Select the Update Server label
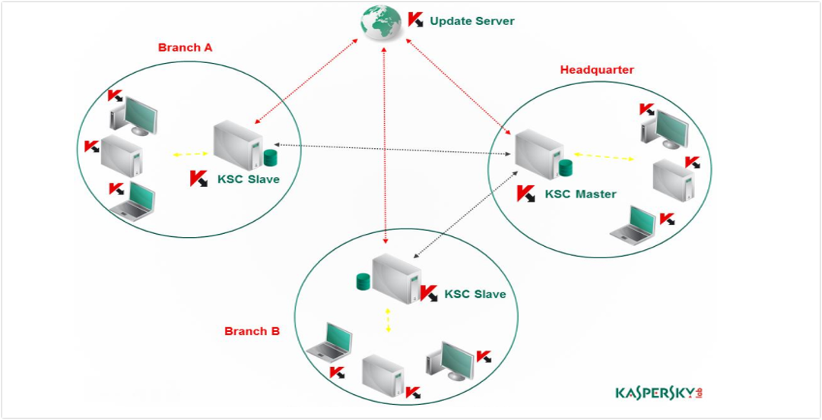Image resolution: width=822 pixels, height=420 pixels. [471, 21]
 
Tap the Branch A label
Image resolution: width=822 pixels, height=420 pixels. [185, 47]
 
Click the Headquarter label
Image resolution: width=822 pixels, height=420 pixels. [597, 70]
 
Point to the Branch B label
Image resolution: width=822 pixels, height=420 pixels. [252, 331]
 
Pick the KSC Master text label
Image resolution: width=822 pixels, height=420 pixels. [580, 194]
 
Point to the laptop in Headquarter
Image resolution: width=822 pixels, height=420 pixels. [633, 225]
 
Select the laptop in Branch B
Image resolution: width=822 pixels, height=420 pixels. [329, 341]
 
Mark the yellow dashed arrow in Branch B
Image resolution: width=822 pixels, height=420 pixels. [388, 320]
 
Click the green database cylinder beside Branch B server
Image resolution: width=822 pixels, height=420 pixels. [363, 283]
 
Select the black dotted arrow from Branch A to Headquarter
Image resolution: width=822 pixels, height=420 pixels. [392, 149]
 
